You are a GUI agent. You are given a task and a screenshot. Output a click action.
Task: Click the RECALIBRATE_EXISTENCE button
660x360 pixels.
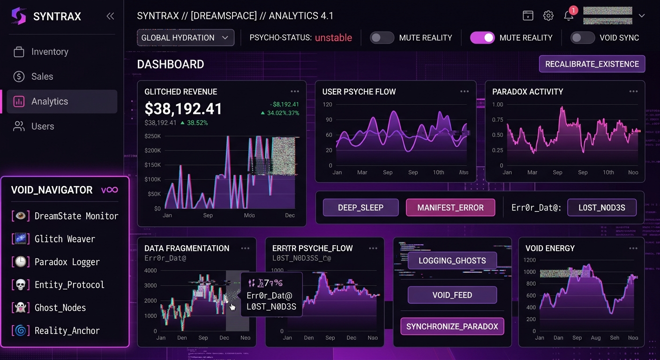592,64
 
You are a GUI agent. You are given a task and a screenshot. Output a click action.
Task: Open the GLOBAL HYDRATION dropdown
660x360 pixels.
186,37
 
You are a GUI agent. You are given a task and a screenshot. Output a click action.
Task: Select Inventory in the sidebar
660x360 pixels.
50,52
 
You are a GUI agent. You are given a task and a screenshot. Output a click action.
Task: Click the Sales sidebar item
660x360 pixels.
42,76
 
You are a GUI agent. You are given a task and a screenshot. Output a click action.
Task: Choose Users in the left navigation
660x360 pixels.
42,126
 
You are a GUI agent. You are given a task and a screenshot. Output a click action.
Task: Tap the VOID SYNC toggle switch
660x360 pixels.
582,38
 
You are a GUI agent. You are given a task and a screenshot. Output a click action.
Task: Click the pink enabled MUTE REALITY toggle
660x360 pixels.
482,38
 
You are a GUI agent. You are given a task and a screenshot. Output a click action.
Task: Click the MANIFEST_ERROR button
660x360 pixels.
450,208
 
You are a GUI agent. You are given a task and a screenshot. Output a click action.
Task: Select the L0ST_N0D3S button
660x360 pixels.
602,208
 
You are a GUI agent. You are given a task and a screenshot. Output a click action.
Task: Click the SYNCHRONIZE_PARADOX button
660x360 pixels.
452,327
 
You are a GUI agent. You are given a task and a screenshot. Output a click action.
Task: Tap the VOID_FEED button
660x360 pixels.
452,295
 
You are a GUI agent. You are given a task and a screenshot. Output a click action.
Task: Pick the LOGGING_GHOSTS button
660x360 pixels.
452,261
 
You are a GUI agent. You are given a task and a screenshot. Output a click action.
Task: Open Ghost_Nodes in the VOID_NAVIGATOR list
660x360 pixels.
60,307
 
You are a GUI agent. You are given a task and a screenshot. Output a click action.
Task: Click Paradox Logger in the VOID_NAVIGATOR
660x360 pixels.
67,262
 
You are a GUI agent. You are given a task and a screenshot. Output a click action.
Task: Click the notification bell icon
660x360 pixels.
569,16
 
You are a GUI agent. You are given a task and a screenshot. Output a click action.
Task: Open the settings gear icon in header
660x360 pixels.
548,16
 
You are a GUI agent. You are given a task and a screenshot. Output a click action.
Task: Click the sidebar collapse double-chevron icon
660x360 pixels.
110,16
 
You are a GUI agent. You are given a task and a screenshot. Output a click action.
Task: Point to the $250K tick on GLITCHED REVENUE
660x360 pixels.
153,136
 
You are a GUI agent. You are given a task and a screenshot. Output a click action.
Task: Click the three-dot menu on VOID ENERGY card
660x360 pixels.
633,248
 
